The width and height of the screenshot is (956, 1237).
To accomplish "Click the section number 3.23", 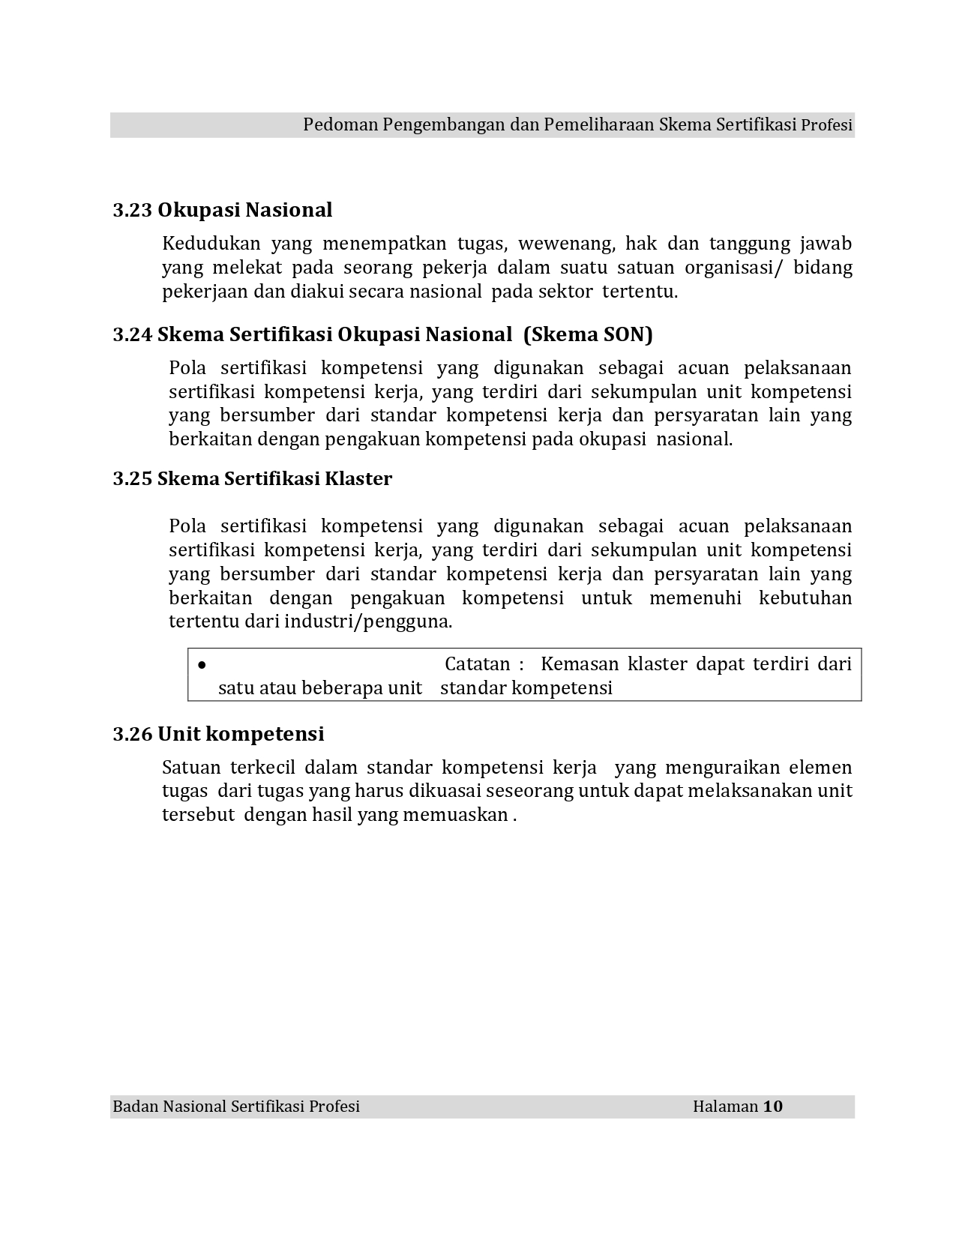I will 133,210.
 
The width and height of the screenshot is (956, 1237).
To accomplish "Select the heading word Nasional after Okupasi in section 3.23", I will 289,210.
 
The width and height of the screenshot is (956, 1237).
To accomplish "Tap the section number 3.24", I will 133,334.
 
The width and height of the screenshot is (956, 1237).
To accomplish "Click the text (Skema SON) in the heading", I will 588,334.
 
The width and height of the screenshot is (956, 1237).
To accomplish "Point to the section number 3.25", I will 133,479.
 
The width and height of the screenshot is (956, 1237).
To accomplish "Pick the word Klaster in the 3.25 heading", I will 358,479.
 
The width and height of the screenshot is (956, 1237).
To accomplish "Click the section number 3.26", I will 133,734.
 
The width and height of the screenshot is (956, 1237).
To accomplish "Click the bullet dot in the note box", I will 202,665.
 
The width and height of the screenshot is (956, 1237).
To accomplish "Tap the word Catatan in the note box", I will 478,664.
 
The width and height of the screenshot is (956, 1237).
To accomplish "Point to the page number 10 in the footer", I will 773,1107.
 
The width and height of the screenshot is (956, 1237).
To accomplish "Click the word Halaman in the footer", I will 725,1107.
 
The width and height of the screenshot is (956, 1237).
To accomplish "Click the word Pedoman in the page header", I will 340,125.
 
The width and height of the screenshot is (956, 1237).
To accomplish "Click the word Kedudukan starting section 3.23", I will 211,244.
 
